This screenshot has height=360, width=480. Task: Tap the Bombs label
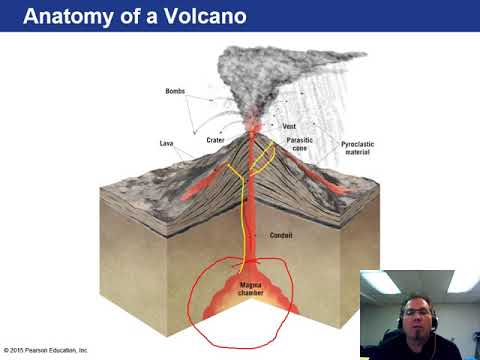(x=175, y=92)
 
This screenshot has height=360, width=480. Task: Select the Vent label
(x=288, y=127)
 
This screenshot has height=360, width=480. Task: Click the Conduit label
(x=283, y=236)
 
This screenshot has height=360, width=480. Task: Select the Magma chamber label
(x=250, y=289)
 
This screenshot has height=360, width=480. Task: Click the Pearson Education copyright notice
(x=46, y=350)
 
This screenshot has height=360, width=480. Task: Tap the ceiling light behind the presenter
(x=380, y=283)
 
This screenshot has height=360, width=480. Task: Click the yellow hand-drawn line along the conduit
(x=244, y=220)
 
